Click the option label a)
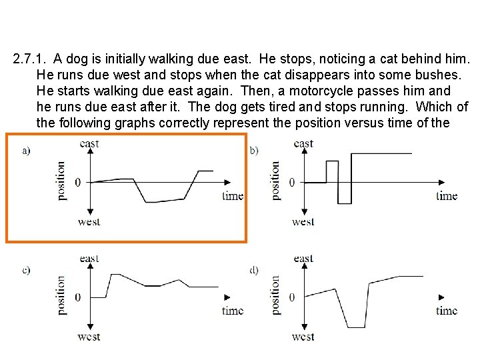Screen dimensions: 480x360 (26, 151)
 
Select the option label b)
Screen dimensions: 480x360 (254, 151)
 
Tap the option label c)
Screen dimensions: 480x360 (26, 270)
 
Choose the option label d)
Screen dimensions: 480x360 (254, 270)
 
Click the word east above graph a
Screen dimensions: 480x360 (89, 143)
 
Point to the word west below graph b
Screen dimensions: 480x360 (303, 222)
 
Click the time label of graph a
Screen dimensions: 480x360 (233, 195)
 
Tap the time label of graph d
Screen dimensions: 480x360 (447, 310)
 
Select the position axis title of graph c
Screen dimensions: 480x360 (61, 295)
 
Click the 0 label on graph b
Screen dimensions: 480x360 (291, 182)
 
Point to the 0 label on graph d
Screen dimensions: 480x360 (291, 297)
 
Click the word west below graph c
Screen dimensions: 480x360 (89, 337)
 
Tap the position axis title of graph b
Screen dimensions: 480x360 (275, 181)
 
